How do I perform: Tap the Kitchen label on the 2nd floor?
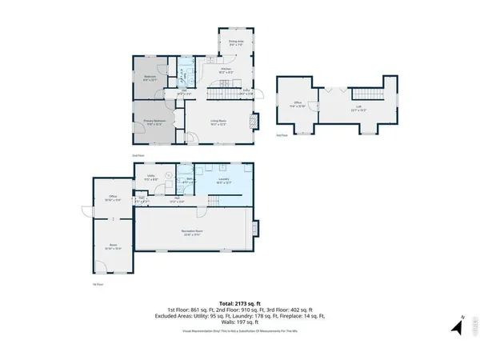pyautogui.click(x=226, y=70)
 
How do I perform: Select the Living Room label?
pyautogui.click(x=217, y=122)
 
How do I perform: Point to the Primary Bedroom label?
pyautogui.click(x=154, y=122)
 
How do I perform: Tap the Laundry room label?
pyautogui.click(x=223, y=181)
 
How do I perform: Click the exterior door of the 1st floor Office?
pyautogui.click(x=87, y=210)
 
